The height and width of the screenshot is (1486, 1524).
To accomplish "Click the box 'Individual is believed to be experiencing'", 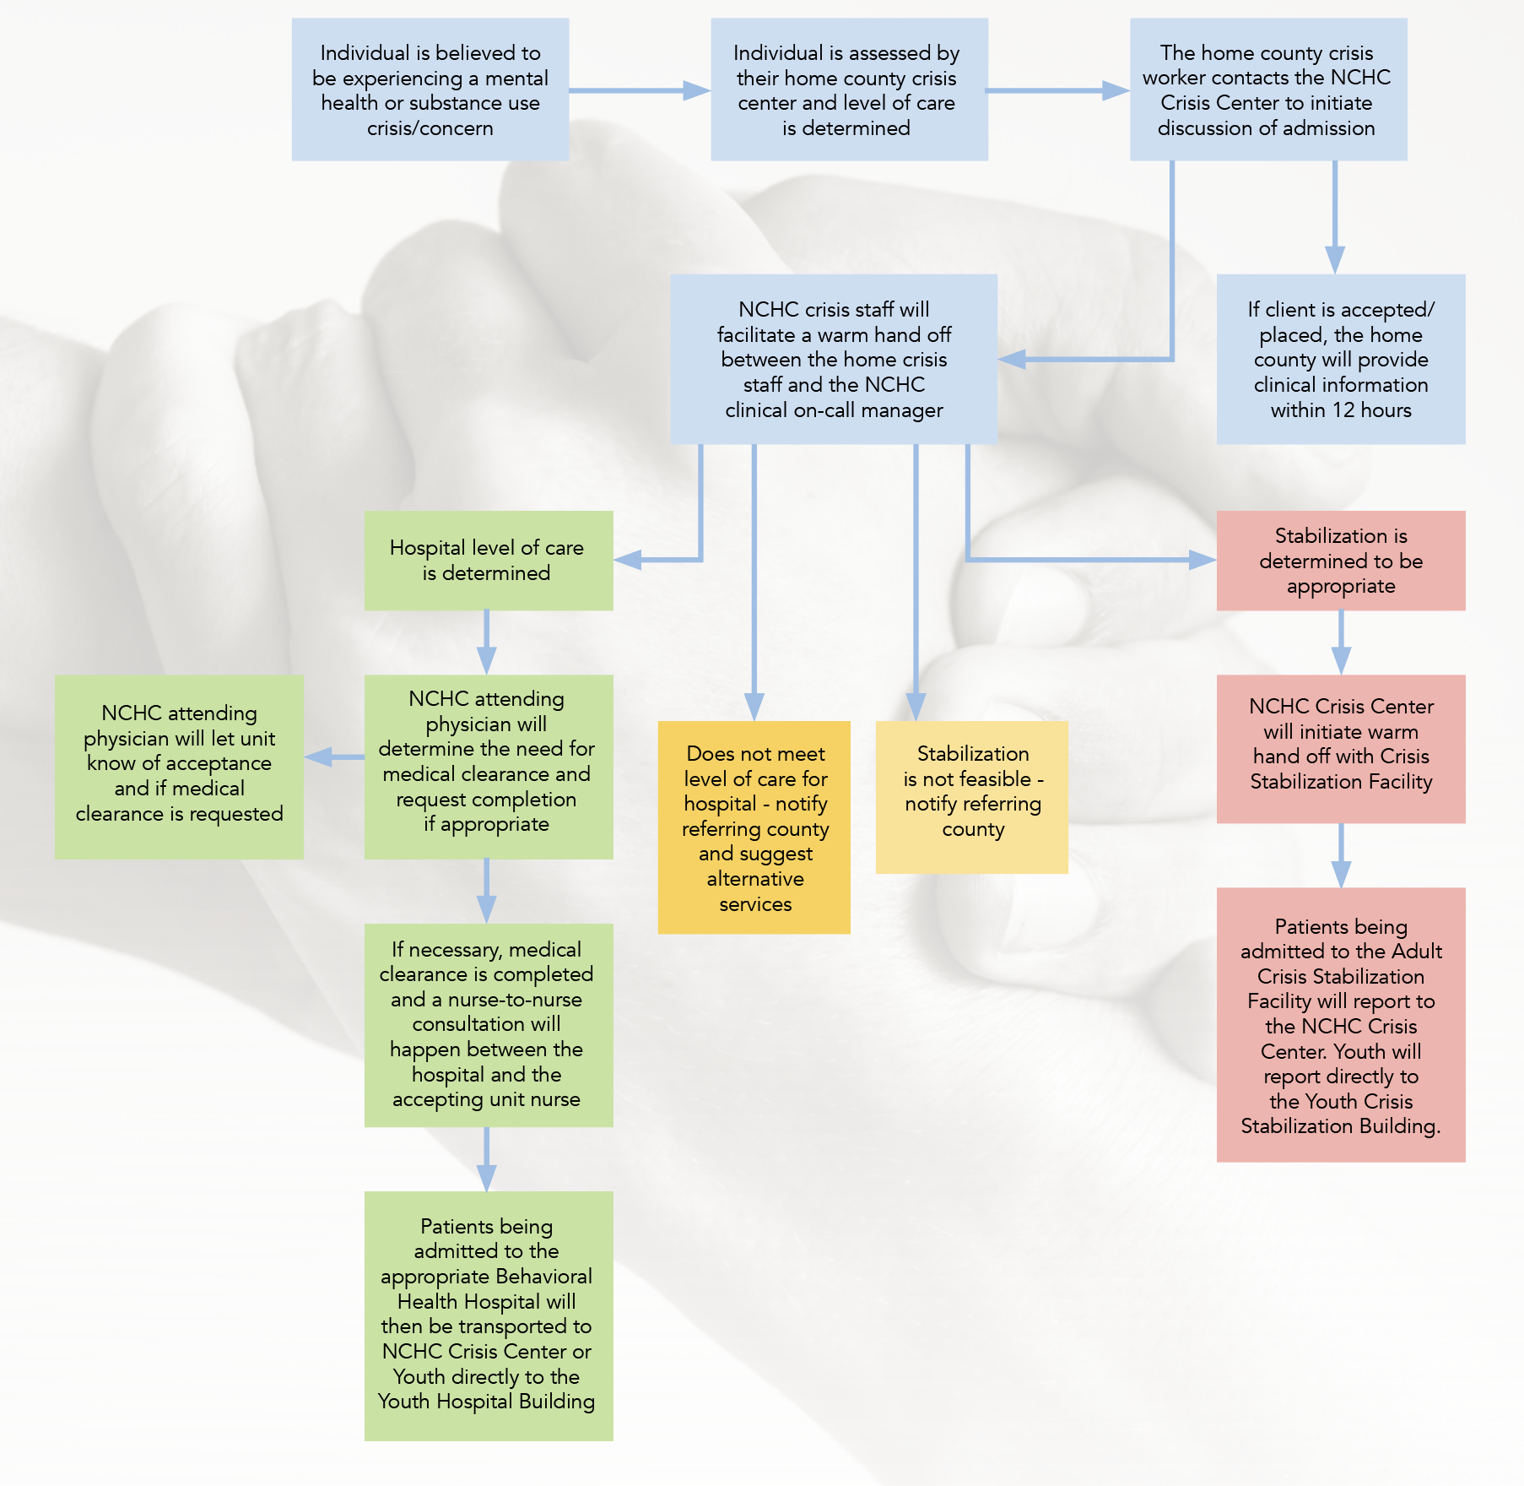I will [430, 89].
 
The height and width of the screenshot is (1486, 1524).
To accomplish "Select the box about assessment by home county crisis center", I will [848, 89].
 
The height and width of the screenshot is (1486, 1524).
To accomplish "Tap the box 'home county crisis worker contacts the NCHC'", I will [1267, 89].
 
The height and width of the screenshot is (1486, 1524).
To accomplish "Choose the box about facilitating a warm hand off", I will [833, 359].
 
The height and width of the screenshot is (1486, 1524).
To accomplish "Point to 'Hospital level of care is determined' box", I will [488, 560].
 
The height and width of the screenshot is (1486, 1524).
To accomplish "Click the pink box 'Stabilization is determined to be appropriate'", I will [1340, 560].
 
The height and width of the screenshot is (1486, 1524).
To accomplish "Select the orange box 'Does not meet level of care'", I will [754, 827].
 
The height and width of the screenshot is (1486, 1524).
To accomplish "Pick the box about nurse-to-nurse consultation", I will [488, 1024].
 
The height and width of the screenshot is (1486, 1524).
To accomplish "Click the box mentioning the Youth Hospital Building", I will [488, 1315].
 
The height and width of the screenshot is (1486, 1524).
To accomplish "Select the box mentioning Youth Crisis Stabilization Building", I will [1340, 1024].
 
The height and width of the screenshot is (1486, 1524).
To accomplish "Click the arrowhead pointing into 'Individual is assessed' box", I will [696, 90].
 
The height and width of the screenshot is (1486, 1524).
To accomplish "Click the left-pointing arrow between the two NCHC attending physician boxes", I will [319, 757].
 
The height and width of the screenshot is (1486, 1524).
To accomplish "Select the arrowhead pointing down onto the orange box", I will [754, 706].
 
